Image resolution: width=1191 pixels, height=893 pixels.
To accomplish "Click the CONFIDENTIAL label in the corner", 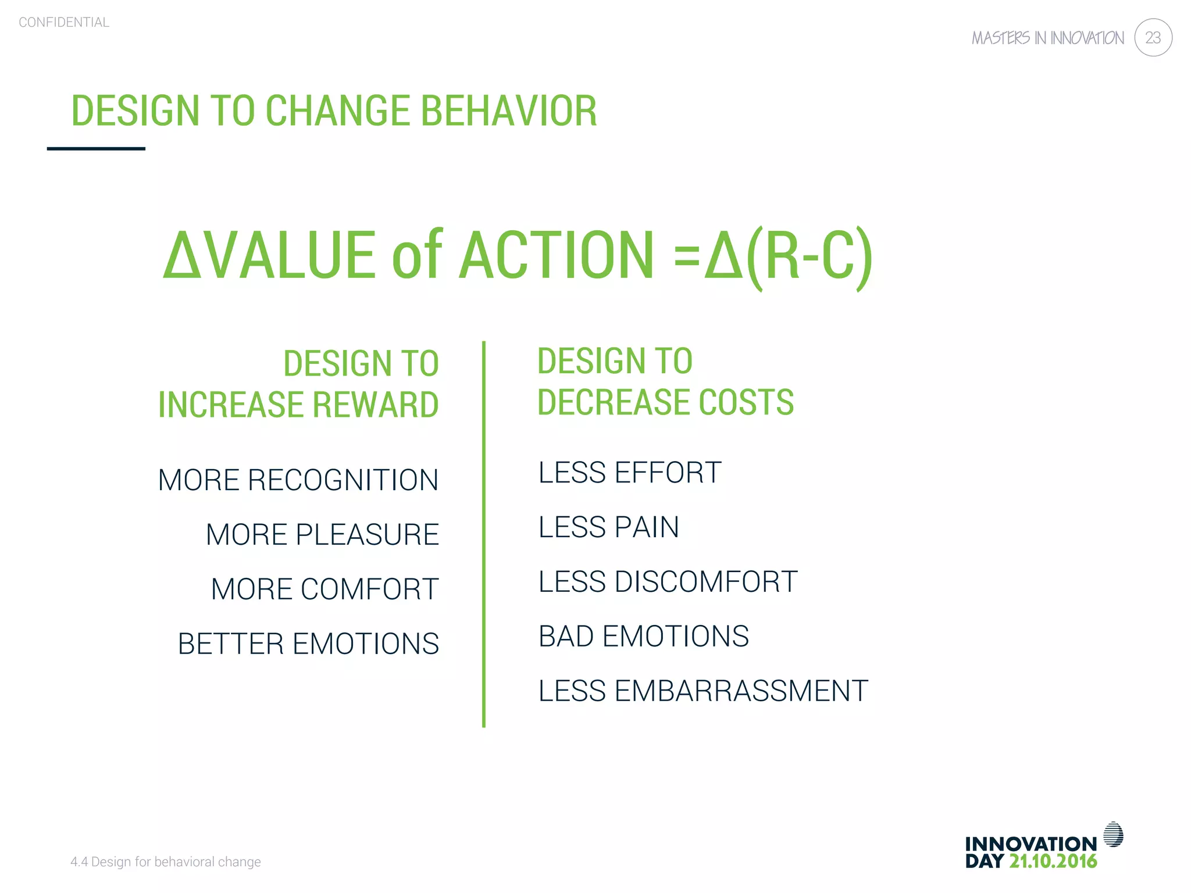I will [64, 23].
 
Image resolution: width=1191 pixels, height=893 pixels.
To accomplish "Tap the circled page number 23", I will [1153, 38].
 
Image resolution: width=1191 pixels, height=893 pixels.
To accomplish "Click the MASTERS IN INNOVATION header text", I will [1048, 38].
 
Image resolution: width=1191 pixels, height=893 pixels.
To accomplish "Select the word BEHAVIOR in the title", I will [509, 110].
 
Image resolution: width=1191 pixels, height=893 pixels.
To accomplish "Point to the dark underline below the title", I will [96, 149].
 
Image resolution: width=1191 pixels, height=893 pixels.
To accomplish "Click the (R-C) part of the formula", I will [810, 256].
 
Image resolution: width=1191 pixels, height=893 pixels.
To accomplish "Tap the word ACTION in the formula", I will [557, 256].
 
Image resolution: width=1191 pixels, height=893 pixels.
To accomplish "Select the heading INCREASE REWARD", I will [298, 405].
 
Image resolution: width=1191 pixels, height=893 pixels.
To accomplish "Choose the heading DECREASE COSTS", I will [665, 402].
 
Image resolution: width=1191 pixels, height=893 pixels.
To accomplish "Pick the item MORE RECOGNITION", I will [298, 480].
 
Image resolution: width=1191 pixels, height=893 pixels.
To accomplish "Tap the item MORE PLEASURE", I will [323, 535].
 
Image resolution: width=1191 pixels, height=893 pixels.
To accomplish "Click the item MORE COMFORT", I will [325, 590].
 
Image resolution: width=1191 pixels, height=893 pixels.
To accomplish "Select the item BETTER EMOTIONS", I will [309, 644].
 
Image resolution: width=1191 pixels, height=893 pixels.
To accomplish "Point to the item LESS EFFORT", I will [630, 473].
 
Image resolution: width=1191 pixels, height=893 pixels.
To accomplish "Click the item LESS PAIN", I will [609, 527].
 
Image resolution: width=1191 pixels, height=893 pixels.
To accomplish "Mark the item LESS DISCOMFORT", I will [668, 582].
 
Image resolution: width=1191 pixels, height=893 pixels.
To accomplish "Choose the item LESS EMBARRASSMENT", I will [703, 691].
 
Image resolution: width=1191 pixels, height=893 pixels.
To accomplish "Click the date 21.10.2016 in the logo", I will [1053, 862].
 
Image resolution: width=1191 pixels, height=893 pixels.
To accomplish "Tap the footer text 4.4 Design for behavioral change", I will [166, 862].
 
